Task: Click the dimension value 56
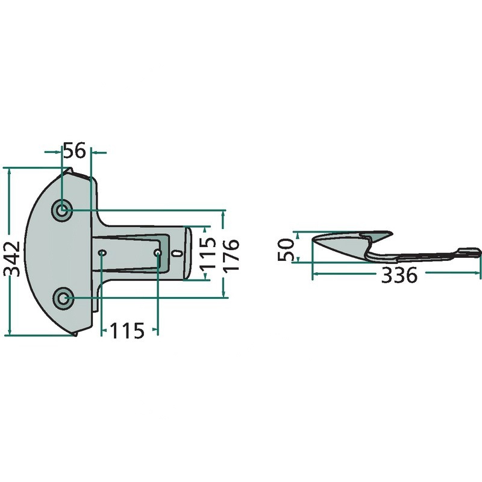(x=74, y=151)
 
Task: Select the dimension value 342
(x=14, y=259)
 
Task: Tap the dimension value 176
(x=231, y=255)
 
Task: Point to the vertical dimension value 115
(x=208, y=253)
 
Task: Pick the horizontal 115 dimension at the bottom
(x=127, y=331)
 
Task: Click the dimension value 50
(x=286, y=249)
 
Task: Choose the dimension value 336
(x=399, y=275)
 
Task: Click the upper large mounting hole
(x=63, y=210)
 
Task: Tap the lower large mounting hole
(x=63, y=298)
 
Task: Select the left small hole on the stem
(x=102, y=252)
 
